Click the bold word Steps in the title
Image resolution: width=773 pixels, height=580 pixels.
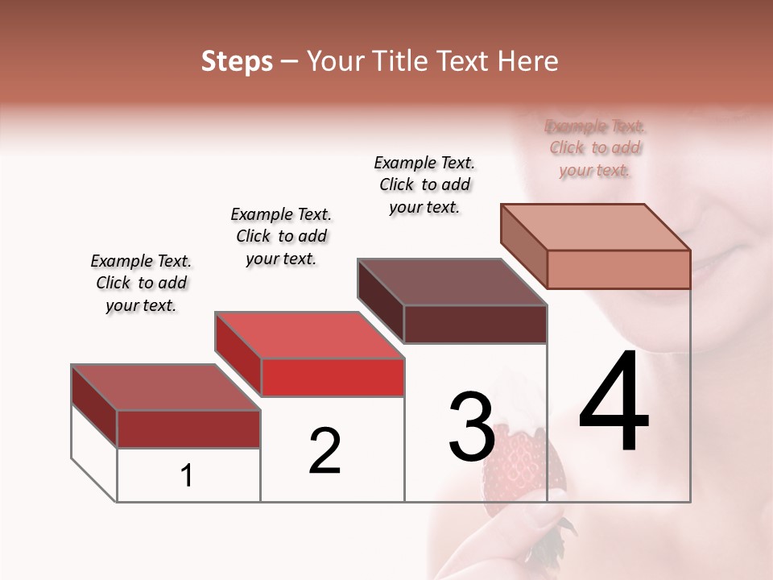[237, 61]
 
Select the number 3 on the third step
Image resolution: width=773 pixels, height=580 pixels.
[471, 427]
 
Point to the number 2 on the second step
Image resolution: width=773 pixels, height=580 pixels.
[324, 451]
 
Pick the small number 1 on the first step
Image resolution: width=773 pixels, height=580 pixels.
[187, 476]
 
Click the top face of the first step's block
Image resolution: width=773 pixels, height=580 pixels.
[165, 387]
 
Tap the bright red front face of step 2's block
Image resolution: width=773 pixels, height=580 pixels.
[333, 377]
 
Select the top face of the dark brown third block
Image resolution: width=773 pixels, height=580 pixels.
[451, 282]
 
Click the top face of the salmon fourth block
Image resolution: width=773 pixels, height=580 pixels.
[596, 226]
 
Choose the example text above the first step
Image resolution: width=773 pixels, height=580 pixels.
[141, 283]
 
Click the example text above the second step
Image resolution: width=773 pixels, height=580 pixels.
[281, 236]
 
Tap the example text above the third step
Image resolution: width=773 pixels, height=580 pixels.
[424, 184]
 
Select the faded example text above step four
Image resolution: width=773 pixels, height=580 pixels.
[595, 148]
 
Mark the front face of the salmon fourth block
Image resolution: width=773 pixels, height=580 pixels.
[618, 269]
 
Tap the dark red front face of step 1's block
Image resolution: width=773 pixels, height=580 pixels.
[188, 429]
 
